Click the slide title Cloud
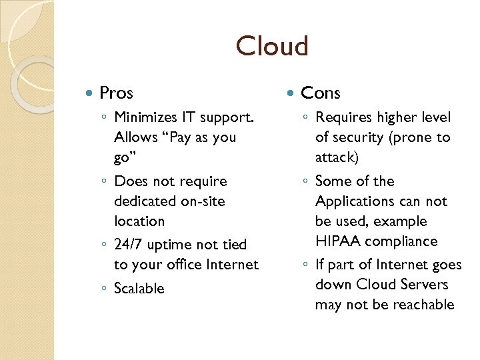(272, 47)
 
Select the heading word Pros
(116, 93)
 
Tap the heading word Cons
(321, 93)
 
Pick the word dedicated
(142, 201)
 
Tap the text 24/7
(129, 245)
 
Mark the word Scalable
(139, 288)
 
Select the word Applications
(353, 201)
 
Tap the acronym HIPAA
(338, 241)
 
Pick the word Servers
(424, 285)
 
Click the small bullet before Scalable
(105, 289)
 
